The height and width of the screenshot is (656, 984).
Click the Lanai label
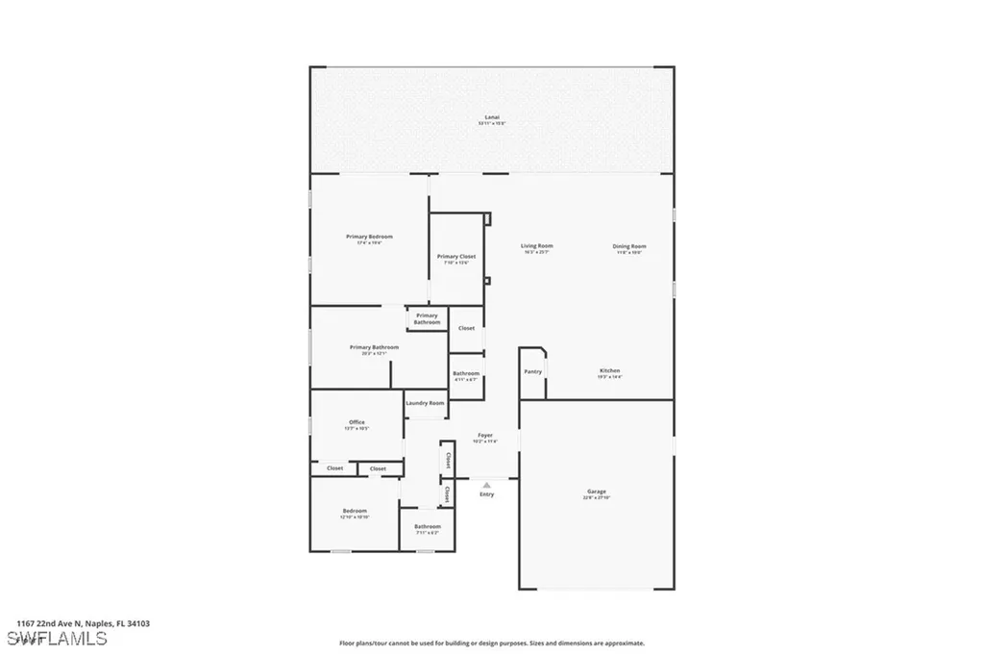point(492,117)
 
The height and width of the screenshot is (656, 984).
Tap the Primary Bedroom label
point(369,237)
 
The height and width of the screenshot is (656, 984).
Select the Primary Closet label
point(455,257)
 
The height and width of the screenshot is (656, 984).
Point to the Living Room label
point(536,246)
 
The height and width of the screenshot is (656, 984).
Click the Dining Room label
point(629,246)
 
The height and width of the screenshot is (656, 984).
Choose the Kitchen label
point(610,370)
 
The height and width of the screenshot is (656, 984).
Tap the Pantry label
point(532,371)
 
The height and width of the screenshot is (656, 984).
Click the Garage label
point(596,492)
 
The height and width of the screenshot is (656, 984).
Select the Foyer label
point(485,435)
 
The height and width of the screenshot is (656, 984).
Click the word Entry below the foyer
point(486,494)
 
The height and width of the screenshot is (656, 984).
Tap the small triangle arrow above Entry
point(486,485)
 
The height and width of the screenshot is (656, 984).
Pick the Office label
point(357,422)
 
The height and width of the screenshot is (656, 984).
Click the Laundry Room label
point(425,403)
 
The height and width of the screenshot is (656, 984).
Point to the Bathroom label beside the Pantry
point(466,373)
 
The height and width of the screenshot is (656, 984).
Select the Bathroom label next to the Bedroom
point(428,526)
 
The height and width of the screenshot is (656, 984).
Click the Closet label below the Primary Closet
point(466,328)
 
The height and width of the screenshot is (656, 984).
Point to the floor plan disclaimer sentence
point(491,643)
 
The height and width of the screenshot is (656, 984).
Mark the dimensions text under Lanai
point(492,124)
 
